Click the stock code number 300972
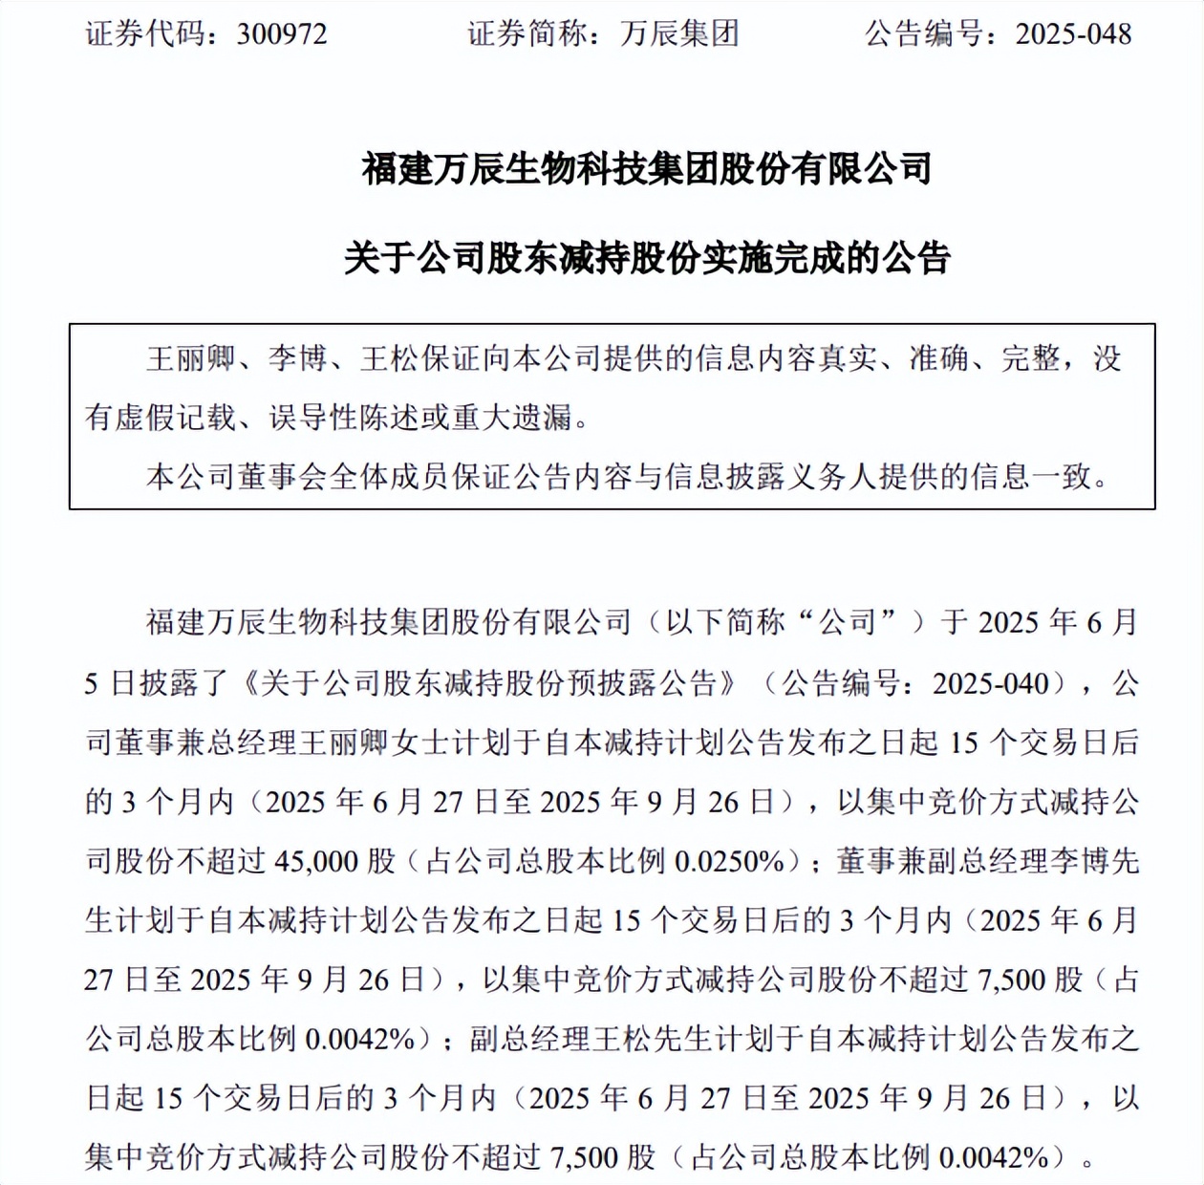(282, 34)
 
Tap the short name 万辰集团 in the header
(679, 34)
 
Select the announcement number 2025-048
(1073, 34)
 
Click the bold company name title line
(647, 169)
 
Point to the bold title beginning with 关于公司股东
(647, 258)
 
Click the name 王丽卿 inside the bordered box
(191, 358)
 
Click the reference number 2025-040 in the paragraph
(991, 683)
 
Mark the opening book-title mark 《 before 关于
(247, 683)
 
